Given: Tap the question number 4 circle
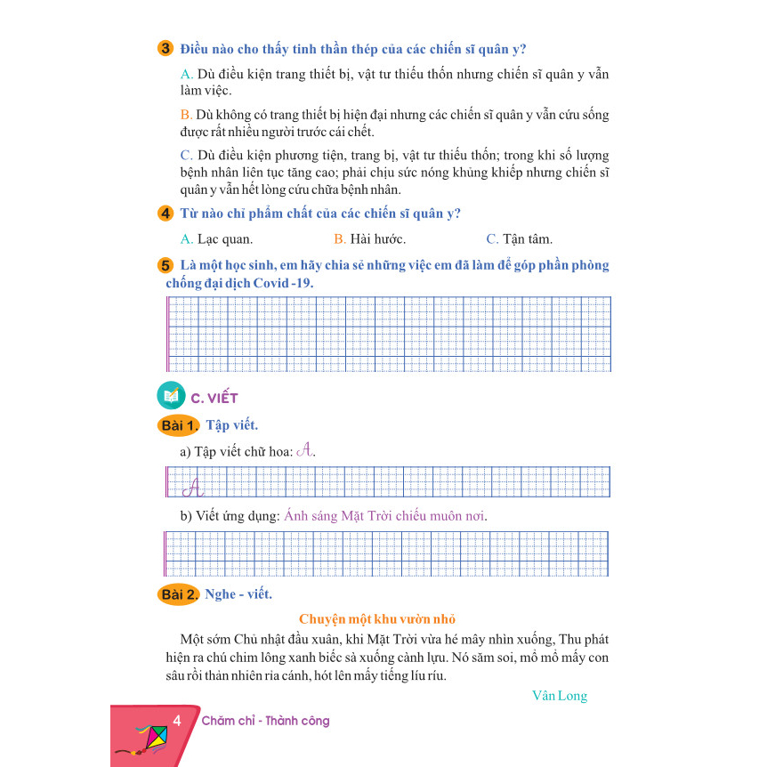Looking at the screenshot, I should pos(166,214).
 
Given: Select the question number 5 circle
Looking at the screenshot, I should pos(166,266).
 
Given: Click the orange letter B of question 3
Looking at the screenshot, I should pos(185,116).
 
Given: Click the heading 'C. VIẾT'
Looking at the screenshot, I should pos(214,398).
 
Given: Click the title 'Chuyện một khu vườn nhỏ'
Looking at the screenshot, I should pos(377,619).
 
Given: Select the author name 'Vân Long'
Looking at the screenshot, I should pos(559,696).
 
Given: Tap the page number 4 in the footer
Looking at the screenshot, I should pos(178,721).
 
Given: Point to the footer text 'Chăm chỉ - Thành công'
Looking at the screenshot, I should pos(265,722).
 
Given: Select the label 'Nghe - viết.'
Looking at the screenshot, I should pos(238,594).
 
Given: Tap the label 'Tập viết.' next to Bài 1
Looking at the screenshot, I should pos(231,425).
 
